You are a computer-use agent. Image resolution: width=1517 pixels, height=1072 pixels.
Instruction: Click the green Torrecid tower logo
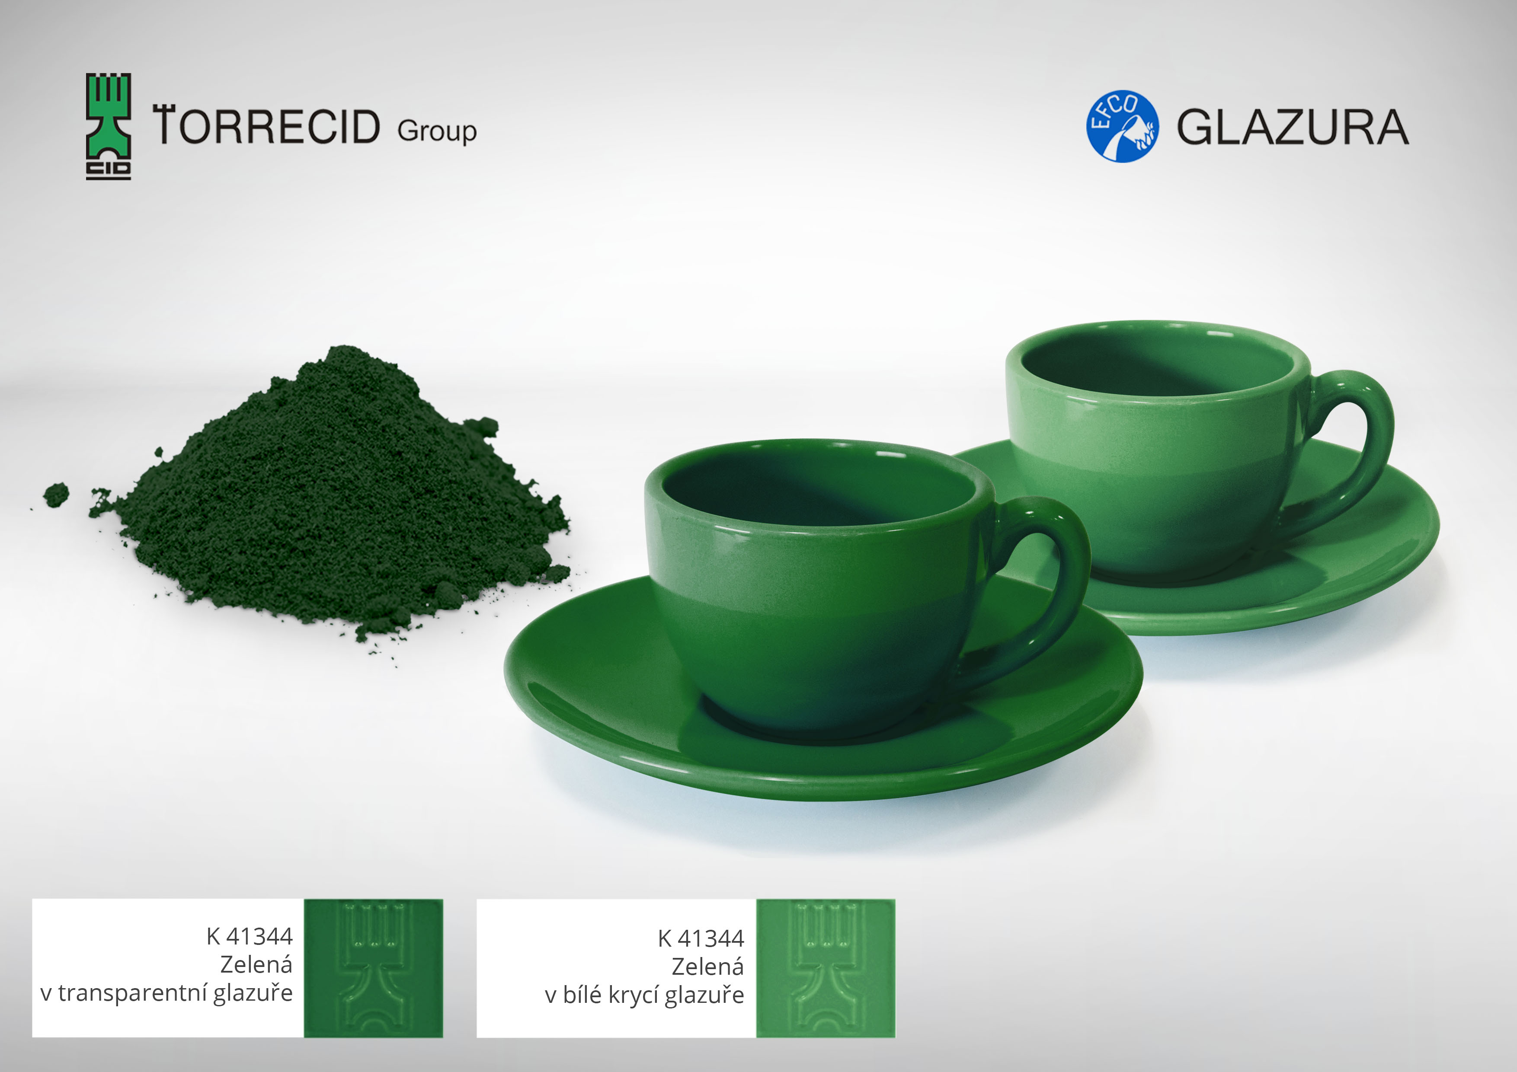coord(109,126)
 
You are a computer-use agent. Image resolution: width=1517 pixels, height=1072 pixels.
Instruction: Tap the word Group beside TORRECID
coord(437,131)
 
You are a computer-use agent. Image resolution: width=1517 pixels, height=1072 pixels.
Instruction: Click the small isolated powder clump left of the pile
coord(56,494)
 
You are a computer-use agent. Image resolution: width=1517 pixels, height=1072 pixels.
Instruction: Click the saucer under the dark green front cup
coord(823,727)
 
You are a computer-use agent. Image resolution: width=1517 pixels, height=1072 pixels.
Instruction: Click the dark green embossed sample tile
coord(373,968)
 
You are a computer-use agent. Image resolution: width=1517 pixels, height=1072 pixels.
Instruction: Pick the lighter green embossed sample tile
coord(826,968)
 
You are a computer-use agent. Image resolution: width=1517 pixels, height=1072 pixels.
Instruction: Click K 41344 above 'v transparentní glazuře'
coord(249,936)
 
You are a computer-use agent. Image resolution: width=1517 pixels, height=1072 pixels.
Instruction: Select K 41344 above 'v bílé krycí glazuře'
coord(701,938)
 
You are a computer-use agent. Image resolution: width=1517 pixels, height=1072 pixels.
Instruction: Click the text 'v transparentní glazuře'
coord(166,993)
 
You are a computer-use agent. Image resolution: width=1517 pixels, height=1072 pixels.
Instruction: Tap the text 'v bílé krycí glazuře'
coord(645,995)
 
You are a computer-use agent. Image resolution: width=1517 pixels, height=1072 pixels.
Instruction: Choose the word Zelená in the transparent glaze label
coord(256,964)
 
